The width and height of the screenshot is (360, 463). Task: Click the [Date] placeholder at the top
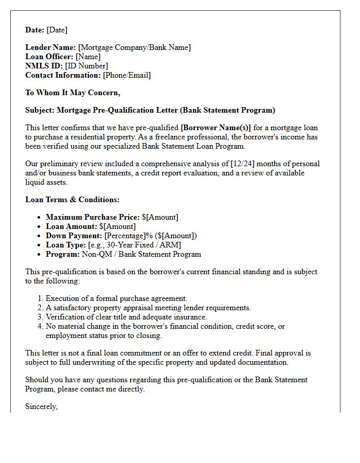[57, 30]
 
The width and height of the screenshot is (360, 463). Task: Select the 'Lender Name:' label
[50, 47]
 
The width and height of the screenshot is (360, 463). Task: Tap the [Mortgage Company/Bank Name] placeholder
[134, 47]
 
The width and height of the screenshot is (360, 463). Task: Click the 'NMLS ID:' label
[44, 66]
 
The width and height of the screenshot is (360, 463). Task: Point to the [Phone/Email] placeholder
[127, 75]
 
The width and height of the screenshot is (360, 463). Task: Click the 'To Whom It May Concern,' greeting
[73, 93]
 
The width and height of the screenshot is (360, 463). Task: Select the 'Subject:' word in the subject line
[40, 110]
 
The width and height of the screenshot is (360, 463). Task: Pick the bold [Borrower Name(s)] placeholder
[215, 128]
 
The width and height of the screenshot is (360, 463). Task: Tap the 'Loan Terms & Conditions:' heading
[72, 200]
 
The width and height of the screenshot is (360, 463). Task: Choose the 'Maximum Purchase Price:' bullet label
[93, 217]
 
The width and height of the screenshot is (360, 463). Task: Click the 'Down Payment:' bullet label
[74, 236]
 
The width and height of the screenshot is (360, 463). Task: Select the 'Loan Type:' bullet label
[66, 245]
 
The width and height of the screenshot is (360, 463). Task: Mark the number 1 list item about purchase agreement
[116, 298]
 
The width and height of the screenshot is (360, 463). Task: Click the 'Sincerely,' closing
[41, 406]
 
